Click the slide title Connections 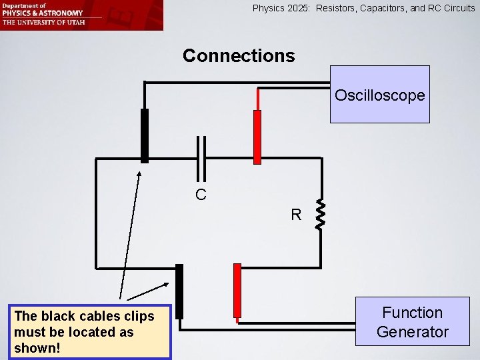click(x=239, y=55)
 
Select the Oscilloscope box click(x=379, y=95)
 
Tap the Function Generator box click(x=412, y=321)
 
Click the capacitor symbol click(x=200, y=157)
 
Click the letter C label click(x=201, y=195)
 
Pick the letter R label click(x=296, y=215)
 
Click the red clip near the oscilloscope click(x=257, y=137)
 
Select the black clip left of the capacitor click(x=144, y=135)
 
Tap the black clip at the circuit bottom click(x=179, y=291)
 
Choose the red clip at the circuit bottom click(x=237, y=291)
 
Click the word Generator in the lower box click(x=412, y=331)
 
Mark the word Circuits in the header click(x=457, y=9)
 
